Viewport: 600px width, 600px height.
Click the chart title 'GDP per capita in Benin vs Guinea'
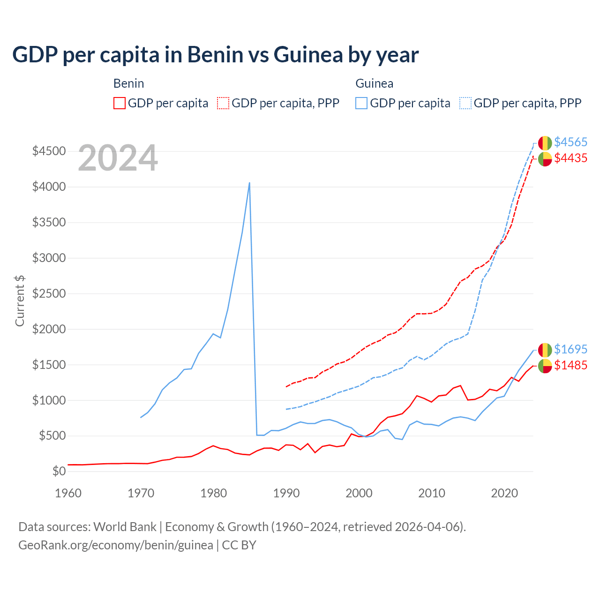click(x=215, y=55)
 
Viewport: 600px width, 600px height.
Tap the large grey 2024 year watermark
click(x=118, y=158)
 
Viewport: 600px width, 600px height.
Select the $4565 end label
click(x=570, y=142)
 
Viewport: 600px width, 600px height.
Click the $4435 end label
click(x=570, y=158)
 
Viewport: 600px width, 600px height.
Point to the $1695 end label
click(x=570, y=349)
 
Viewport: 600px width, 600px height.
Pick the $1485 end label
click(x=570, y=365)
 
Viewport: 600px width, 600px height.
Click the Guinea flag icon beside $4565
click(x=545, y=143)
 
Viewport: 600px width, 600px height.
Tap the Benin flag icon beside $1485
click(x=545, y=366)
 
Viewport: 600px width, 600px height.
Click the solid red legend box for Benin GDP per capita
click(x=120, y=103)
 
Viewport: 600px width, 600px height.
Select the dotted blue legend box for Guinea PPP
click(x=465, y=103)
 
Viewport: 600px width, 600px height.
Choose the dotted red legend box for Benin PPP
click(x=223, y=103)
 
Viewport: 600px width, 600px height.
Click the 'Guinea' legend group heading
click(x=374, y=83)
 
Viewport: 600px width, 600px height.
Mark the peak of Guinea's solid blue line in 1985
click(x=249, y=183)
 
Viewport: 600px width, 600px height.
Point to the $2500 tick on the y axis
click(x=49, y=293)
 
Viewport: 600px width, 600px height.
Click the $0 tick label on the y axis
click(x=59, y=471)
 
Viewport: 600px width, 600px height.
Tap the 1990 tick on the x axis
click(x=286, y=493)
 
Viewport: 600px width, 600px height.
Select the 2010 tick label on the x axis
click(x=431, y=493)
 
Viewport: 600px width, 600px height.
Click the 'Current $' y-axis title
click(x=20, y=300)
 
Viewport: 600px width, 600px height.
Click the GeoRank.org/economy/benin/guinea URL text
click(x=116, y=545)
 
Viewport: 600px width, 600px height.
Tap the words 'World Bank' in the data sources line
click(x=125, y=527)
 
